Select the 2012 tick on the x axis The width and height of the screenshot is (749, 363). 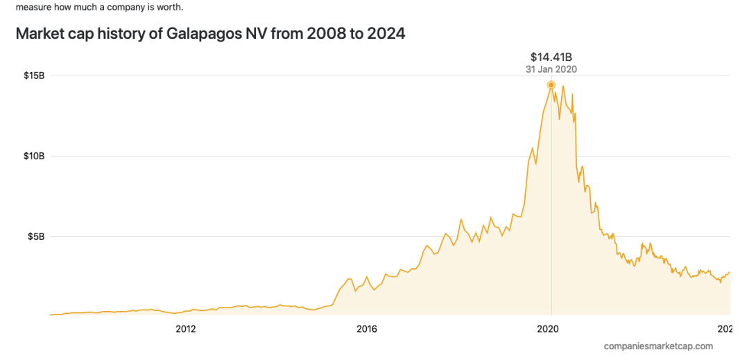(186, 329)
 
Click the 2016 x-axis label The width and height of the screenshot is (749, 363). (367, 329)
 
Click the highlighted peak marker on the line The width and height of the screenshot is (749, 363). (551, 85)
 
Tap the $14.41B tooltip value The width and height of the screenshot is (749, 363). (551, 56)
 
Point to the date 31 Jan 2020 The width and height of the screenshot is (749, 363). (551, 69)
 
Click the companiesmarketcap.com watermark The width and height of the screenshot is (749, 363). (658, 346)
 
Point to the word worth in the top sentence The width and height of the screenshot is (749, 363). (171, 8)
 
